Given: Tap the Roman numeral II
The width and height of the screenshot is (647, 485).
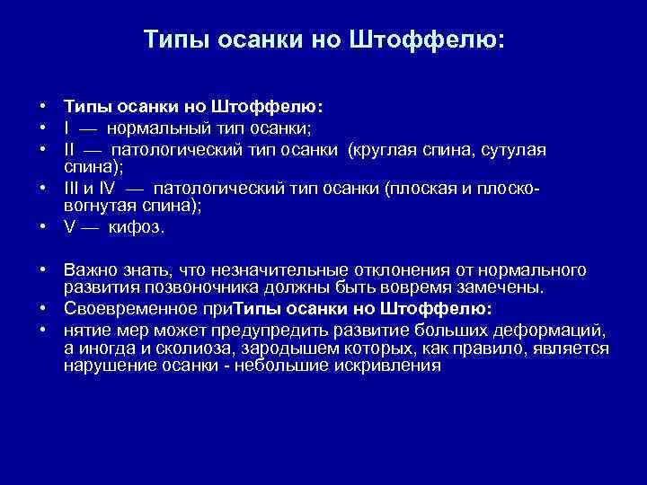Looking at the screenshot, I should [x=70, y=149].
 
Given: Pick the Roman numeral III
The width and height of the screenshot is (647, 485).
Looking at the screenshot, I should [x=73, y=189].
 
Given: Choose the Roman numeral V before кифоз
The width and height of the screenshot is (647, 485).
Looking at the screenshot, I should [x=69, y=227].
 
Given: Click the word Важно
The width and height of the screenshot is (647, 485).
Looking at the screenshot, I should [x=89, y=269].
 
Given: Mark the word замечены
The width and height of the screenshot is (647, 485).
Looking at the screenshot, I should [x=507, y=287].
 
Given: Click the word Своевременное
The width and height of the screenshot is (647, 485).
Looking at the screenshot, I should [x=129, y=309].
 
